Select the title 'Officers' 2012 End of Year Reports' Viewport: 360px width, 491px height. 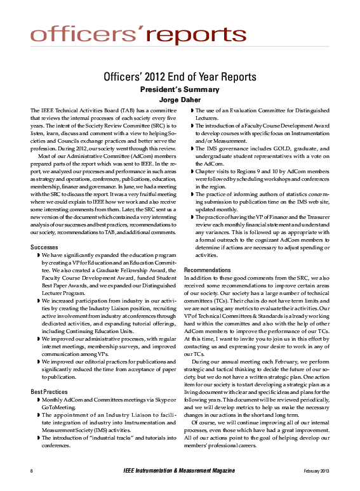(180, 77)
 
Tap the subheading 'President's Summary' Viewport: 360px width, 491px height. (180, 90)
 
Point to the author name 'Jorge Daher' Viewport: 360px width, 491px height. (180, 100)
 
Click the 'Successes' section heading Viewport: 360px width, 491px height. (46, 229)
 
